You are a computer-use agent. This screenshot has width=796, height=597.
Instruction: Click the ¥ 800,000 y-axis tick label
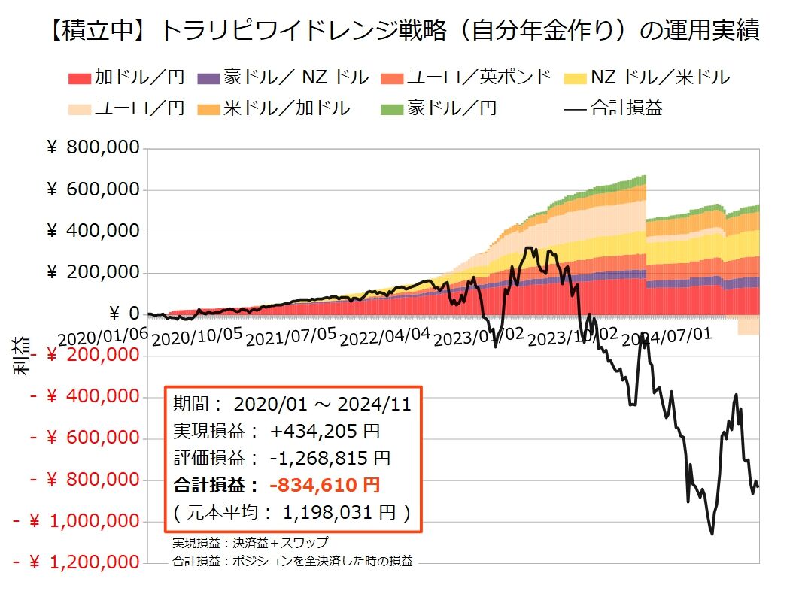(x=94, y=148)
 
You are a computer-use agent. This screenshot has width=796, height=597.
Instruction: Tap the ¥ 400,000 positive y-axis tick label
(x=94, y=231)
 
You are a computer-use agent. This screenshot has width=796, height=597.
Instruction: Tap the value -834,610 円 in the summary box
(x=324, y=485)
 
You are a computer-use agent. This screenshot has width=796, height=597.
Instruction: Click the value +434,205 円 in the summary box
(x=324, y=431)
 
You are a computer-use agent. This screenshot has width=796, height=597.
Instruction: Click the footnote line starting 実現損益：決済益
(x=250, y=543)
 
